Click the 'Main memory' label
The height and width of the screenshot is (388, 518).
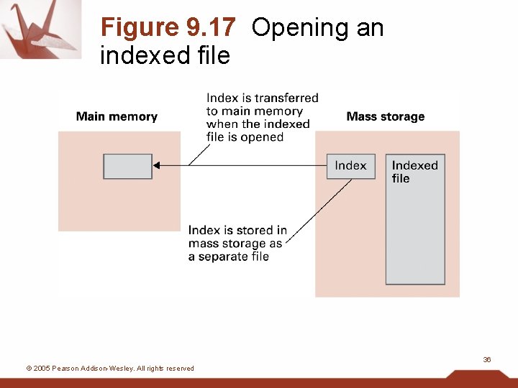coord(117,116)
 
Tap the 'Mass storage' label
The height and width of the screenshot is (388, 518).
coord(385,116)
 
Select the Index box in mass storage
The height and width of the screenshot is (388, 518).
coord(351,166)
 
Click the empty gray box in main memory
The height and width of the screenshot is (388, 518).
coord(127,166)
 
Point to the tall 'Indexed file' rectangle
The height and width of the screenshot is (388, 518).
coord(415,230)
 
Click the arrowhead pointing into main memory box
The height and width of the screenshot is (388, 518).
coord(157,166)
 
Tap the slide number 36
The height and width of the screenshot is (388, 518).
coord(487,359)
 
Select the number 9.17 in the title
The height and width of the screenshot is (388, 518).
coord(211,27)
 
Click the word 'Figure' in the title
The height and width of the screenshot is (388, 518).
coord(140,27)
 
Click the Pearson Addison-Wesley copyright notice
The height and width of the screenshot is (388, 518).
coord(110,369)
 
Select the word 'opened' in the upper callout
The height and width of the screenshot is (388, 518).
coord(262,137)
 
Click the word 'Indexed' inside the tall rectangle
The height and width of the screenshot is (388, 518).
coord(414,165)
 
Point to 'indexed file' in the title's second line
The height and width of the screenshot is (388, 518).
coord(165,55)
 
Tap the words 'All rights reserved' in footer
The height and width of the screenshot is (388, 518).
coord(165,369)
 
